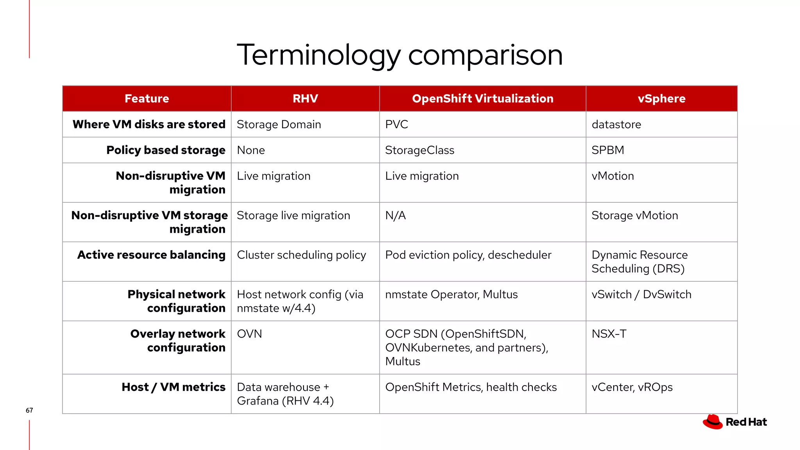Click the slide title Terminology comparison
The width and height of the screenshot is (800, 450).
click(x=400, y=55)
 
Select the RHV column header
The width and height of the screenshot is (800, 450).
click(x=305, y=98)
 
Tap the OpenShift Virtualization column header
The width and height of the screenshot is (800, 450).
click(x=482, y=98)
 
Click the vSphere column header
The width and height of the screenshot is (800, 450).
click(x=661, y=98)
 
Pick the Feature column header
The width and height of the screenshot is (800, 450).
click(x=147, y=98)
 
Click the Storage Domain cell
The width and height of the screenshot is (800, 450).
click(x=279, y=125)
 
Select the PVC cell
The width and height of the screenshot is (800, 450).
click(x=396, y=125)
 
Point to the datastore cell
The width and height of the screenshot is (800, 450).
click(x=616, y=125)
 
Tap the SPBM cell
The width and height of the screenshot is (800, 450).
click(x=607, y=150)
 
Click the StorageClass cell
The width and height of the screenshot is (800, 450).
click(x=420, y=150)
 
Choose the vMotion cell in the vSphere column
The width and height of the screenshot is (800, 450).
click(x=612, y=176)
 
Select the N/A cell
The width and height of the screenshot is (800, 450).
click(x=395, y=216)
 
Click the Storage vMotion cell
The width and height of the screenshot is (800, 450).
click(x=634, y=216)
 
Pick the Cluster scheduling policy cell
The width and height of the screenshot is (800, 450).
click(x=301, y=255)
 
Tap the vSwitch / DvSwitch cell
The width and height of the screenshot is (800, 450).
click(x=641, y=295)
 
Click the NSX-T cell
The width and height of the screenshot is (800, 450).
click(x=609, y=334)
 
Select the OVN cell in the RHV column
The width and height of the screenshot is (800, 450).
click(x=249, y=334)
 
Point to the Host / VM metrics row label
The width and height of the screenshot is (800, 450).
click(x=173, y=387)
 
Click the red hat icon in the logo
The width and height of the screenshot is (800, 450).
click(x=712, y=422)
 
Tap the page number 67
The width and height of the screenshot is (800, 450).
click(x=29, y=410)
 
